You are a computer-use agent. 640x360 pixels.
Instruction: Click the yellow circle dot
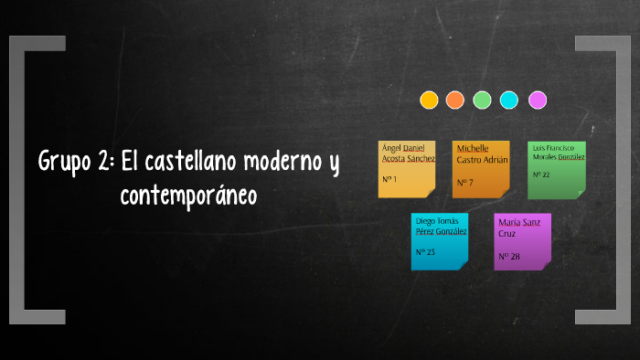[x=429, y=100]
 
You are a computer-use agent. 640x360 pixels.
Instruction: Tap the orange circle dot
[x=455, y=100]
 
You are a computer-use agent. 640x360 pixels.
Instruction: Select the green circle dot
[x=483, y=100]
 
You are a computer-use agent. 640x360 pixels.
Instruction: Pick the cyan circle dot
[x=509, y=100]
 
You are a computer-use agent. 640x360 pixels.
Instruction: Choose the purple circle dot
[x=538, y=100]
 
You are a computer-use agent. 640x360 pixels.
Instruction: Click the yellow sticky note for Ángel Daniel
[x=407, y=169]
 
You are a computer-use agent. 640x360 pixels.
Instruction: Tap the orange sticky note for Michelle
[x=481, y=169]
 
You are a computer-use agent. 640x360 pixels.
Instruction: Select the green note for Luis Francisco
[x=556, y=169]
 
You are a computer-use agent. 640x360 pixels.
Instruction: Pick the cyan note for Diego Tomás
[x=440, y=241]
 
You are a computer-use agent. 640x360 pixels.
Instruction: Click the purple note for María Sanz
[x=522, y=241]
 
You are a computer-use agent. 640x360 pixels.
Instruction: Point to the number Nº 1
[x=389, y=180]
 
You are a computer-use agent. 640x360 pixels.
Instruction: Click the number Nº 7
[x=464, y=182]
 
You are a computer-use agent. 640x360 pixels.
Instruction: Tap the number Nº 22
[x=540, y=174]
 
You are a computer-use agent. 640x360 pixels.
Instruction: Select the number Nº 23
[x=425, y=251]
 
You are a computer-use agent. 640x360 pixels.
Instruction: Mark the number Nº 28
[x=509, y=257]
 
